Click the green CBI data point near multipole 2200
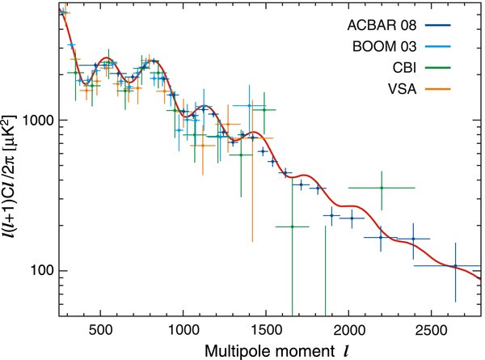[382, 188]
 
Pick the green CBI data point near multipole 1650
[292, 227]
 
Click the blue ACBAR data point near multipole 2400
[413, 239]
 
